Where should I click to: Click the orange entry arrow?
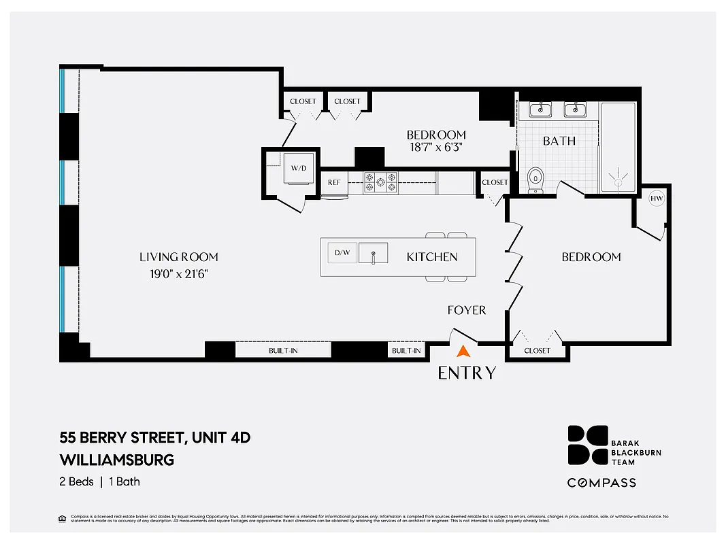pyautogui.click(x=463, y=352)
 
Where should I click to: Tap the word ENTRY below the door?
pyautogui.click(x=467, y=373)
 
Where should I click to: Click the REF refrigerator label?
pyautogui.click(x=334, y=182)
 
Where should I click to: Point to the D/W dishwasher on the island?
pyautogui.click(x=342, y=253)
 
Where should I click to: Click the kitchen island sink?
pyautogui.click(x=373, y=253)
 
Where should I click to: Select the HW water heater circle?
pyautogui.click(x=657, y=199)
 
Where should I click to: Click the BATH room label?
pyautogui.click(x=559, y=141)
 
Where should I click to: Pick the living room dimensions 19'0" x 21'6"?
pyautogui.click(x=179, y=273)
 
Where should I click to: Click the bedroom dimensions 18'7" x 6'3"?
pyautogui.click(x=436, y=148)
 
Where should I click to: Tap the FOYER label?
pyautogui.click(x=466, y=310)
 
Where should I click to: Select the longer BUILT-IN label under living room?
pyautogui.click(x=283, y=351)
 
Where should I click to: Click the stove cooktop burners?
pyautogui.click(x=381, y=182)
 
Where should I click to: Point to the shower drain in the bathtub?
pyautogui.click(x=618, y=182)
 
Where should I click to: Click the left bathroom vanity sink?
pyautogui.click(x=541, y=109)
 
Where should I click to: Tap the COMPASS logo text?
pyautogui.click(x=602, y=483)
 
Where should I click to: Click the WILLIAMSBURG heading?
pyautogui.click(x=117, y=460)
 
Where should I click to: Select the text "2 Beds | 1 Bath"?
pyautogui.click(x=100, y=481)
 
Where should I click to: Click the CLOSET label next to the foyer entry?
pyautogui.click(x=537, y=351)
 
